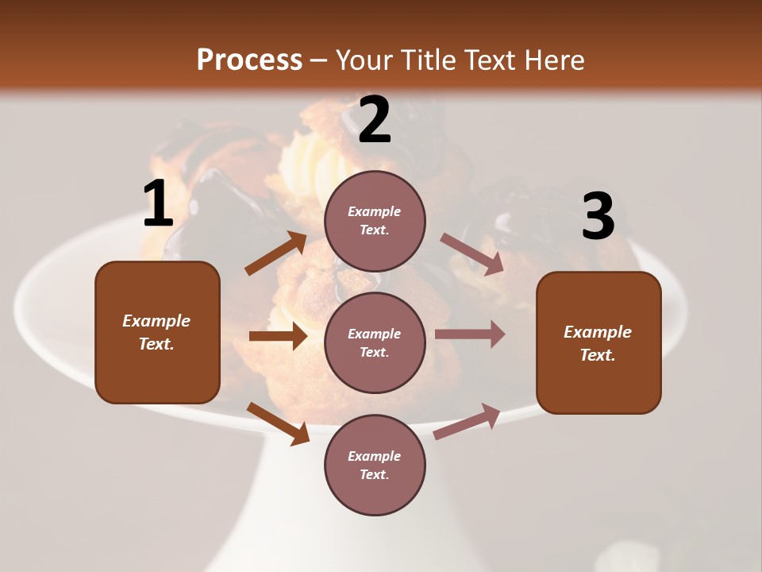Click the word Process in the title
(249, 60)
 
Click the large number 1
(158, 204)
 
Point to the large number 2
(375, 120)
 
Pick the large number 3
(598, 217)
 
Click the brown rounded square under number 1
(157, 332)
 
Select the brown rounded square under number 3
(598, 342)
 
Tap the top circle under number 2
(375, 221)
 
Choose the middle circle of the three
(375, 342)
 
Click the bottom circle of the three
(375, 465)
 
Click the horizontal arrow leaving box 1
(278, 336)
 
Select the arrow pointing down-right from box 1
(278, 423)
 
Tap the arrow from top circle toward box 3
(472, 254)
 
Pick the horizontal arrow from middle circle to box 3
(470, 334)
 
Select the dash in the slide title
(319, 61)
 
